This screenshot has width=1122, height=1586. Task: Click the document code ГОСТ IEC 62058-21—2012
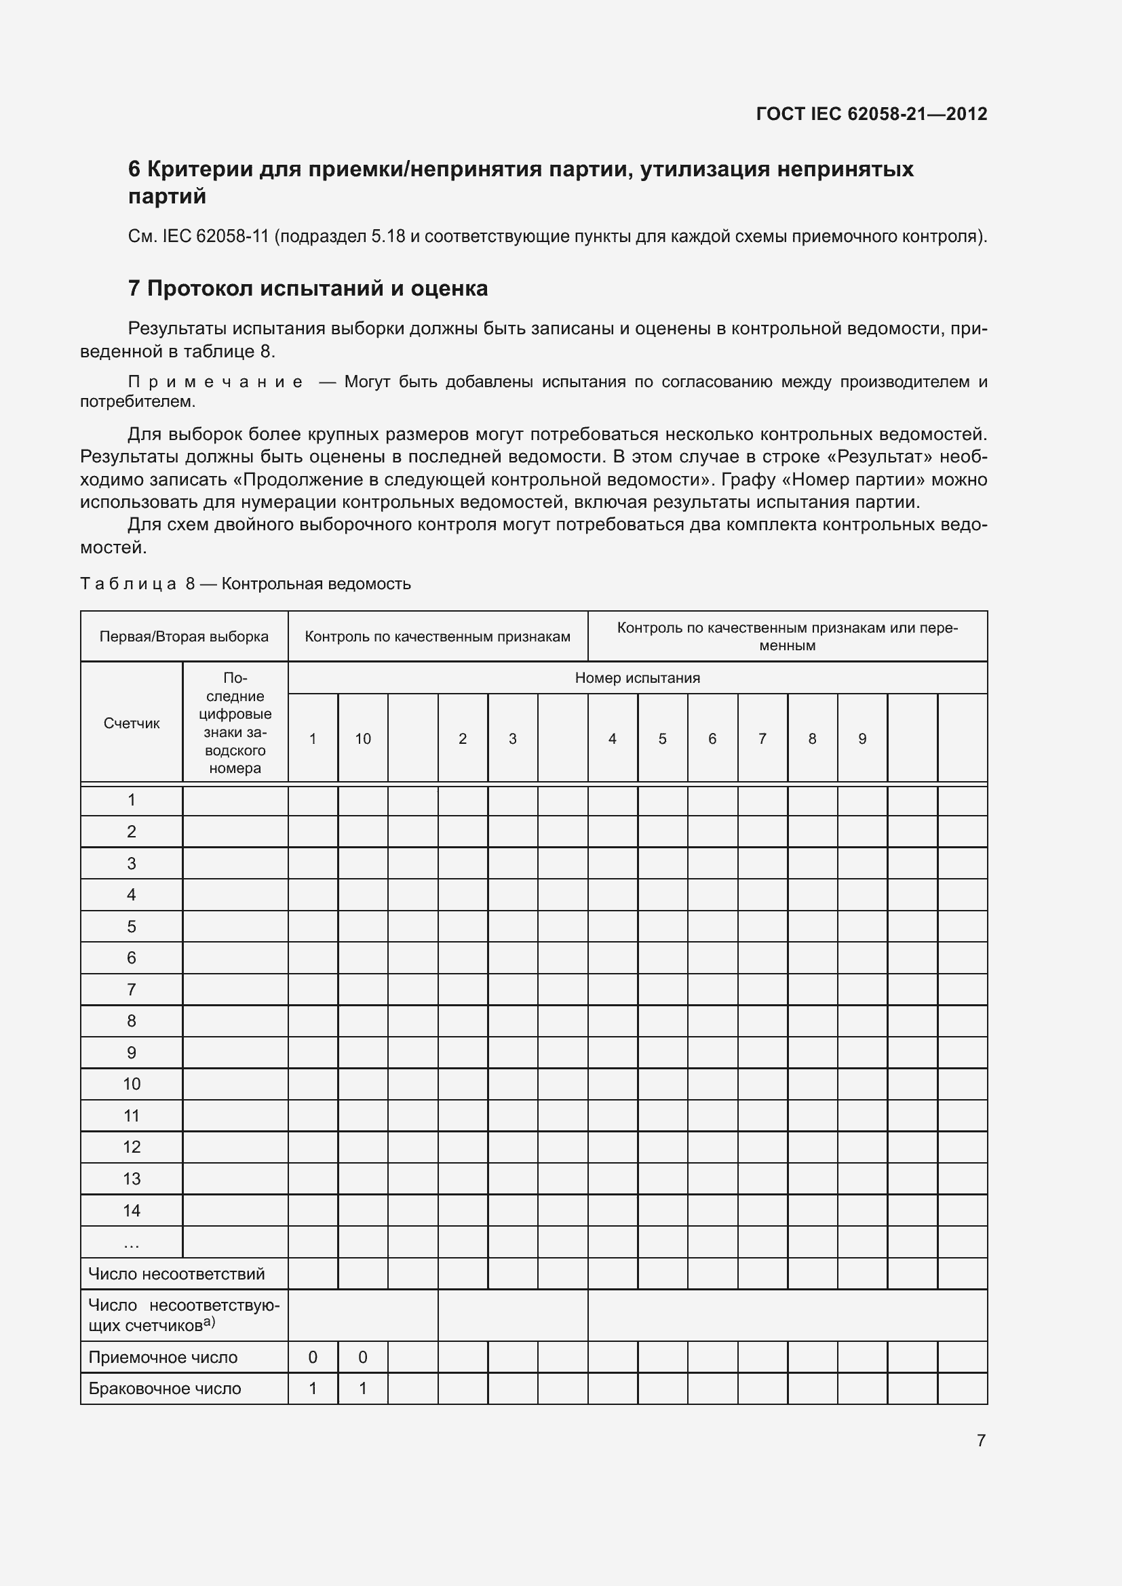point(871,114)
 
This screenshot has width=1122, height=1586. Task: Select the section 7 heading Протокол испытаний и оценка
point(308,288)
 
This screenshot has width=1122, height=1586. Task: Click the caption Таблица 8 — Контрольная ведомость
point(246,584)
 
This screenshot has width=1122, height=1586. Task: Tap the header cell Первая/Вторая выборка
point(184,636)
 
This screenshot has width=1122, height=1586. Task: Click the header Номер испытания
point(637,677)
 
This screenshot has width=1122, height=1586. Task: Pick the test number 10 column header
point(363,738)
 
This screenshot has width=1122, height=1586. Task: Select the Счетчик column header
point(132,723)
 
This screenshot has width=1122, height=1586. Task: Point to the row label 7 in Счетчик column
point(132,989)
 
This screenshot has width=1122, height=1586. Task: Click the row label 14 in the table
point(132,1210)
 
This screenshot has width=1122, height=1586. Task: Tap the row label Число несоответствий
point(177,1273)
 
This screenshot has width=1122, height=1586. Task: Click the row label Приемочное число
point(163,1357)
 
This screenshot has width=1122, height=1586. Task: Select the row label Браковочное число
point(164,1389)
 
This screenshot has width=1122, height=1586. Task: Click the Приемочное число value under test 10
point(363,1357)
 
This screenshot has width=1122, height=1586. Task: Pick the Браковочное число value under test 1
point(312,1389)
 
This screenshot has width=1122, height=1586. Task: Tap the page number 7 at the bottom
point(980,1440)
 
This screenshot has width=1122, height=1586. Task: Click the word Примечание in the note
point(216,382)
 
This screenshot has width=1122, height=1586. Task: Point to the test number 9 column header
point(862,738)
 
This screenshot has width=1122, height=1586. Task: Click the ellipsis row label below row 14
point(132,1243)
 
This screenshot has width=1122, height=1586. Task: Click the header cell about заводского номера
point(235,723)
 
